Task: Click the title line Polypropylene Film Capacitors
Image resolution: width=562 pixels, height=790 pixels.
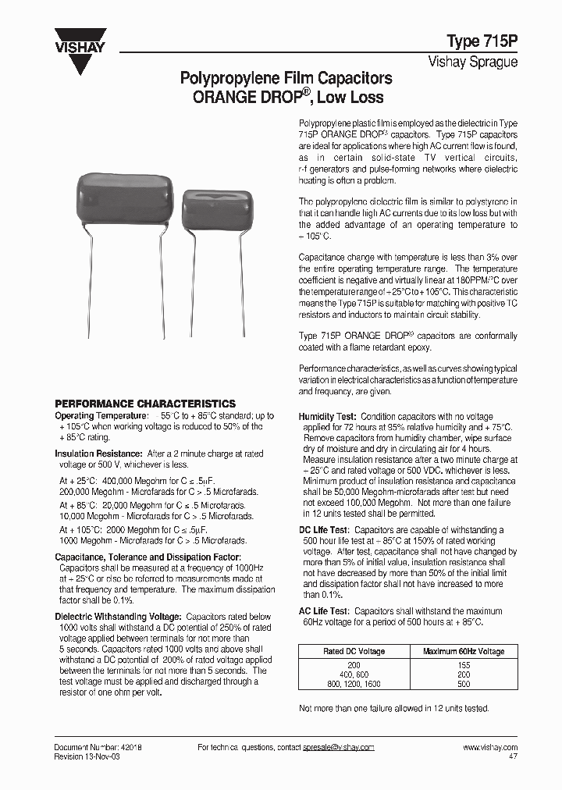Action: point(286,79)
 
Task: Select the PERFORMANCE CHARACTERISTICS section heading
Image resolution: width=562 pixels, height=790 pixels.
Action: point(144,404)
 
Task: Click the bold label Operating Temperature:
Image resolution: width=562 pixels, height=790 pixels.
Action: point(101,416)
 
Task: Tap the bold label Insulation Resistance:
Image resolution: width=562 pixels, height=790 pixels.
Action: point(98,454)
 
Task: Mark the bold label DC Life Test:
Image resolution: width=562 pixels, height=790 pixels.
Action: point(324,531)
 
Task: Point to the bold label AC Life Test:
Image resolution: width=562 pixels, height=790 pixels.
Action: point(324,611)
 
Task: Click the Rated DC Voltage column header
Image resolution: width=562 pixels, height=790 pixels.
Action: point(354,651)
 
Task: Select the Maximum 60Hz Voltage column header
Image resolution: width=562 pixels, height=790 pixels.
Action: point(464,651)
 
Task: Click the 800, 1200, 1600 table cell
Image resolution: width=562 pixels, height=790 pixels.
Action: point(354,684)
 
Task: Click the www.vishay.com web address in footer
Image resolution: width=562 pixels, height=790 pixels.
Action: point(489,747)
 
